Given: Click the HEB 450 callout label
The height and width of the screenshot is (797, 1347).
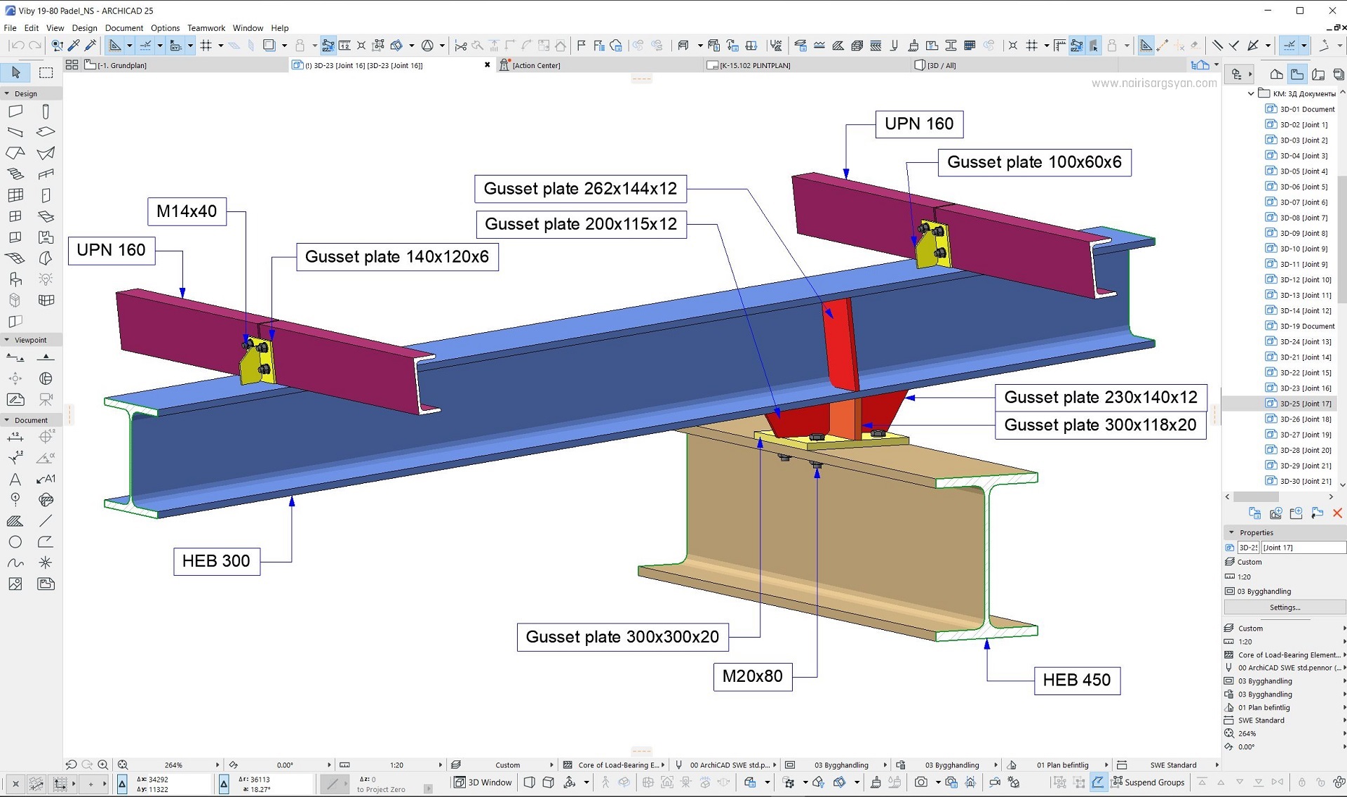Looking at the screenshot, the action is coord(1077,680).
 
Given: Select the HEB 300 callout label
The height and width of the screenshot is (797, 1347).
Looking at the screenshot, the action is coord(216,561).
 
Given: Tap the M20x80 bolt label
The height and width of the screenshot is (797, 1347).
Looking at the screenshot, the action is coord(753,676).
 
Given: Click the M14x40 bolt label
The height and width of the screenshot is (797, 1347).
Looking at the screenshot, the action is coord(187,211).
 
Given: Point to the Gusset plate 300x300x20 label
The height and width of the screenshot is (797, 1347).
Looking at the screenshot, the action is coord(622,637).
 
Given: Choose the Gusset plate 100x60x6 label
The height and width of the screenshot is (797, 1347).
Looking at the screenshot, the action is coord(1034,162).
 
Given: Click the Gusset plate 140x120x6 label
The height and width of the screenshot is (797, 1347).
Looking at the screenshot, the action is coord(397,257).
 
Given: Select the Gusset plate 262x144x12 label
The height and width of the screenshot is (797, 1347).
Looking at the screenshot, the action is coord(580,189).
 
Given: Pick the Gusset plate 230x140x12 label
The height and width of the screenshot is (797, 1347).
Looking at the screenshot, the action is coord(1101,397).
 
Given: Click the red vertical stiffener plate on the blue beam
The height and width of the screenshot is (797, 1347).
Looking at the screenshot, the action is coord(842,344).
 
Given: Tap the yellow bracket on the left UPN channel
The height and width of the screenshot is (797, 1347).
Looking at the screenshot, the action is coord(257,360).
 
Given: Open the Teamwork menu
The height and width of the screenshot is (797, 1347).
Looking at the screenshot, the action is coord(206,28).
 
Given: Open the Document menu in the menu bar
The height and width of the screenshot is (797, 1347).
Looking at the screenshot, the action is coord(124,28).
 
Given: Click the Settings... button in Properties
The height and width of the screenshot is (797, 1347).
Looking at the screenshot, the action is coord(1285,607).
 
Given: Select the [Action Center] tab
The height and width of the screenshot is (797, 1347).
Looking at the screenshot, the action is coord(536,65).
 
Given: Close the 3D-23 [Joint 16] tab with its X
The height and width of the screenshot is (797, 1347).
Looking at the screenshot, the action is coord(488,65).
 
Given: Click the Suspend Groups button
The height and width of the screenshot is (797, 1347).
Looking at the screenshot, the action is coord(1148,782).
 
